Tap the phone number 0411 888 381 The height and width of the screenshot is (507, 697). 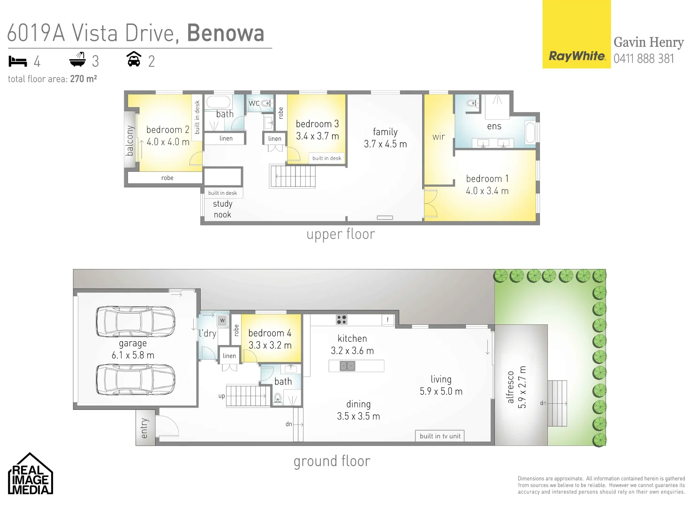(x=644, y=59)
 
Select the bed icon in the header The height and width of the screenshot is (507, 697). (x=18, y=61)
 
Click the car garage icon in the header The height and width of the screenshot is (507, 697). (x=134, y=60)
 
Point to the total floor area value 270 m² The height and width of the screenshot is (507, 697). (x=83, y=79)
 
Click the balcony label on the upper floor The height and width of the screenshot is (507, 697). (x=130, y=140)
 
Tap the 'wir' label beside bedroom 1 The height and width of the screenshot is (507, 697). (x=439, y=137)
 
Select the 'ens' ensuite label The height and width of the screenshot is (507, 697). (x=494, y=126)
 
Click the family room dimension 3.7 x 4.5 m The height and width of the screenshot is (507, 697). (x=385, y=144)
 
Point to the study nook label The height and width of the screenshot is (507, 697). (x=222, y=209)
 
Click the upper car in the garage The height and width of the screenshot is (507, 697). (x=136, y=322)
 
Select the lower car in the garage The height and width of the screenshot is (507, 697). (x=136, y=379)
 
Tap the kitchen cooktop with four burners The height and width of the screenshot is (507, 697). (x=341, y=320)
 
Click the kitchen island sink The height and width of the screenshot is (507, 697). (x=347, y=366)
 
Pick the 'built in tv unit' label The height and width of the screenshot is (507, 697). (x=440, y=436)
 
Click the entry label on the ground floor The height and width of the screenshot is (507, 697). (x=144, y=428)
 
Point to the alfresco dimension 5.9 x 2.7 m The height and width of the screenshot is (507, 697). (x=523, y=387)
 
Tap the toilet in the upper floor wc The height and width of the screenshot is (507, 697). (x=267, y=103)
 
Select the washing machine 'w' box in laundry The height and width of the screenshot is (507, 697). (x=222, y=320)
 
